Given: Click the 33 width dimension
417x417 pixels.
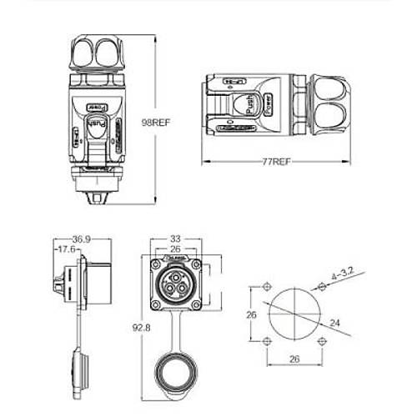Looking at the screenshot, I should click(x=176, y=238).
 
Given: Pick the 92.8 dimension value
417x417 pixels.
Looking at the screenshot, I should click(x=138, y=327).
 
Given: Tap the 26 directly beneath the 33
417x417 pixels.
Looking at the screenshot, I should click(x=176, y=249).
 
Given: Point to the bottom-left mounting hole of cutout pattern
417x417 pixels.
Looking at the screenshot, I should click(x=266, y=342).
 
